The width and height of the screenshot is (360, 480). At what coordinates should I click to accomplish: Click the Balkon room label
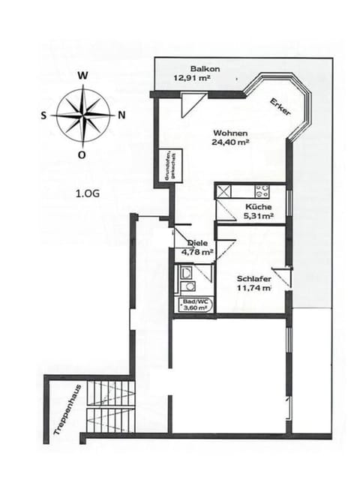tap(199, 67)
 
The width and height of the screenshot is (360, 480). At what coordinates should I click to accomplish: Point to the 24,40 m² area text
tap(230, 141)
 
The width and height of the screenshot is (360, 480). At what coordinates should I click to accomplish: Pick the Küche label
tap(258, 207)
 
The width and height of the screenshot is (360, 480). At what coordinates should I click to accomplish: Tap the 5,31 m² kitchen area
tap(258, 216)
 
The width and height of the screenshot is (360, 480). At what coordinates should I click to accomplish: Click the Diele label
tap(197, 243)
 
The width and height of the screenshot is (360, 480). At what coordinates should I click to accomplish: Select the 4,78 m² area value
tap(197, 252)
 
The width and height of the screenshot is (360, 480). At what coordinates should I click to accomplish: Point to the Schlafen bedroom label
tap(253, 277)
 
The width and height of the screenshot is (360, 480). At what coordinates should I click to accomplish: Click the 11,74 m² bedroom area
tap(253, 287)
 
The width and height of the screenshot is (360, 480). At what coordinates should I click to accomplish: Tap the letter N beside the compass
tap(121, 115)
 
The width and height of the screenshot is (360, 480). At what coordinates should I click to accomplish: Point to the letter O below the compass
tap(82, 155)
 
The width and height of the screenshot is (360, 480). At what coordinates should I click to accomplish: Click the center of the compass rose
tap(82, 115)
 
